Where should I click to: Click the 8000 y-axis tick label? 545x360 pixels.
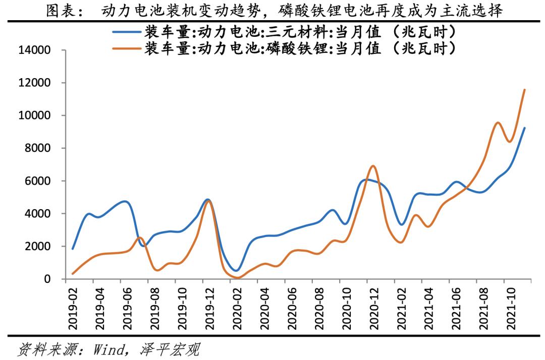pyautogui.click(x=40, y=148)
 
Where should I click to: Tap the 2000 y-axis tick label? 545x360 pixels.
pyautogui.click(x=40, y=247)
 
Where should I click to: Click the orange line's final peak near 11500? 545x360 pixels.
pyautogui.click(x=525, y=90)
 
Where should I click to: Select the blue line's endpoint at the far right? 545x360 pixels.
pyautogui.click(x=525, y=128)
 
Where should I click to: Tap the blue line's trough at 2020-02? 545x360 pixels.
pyautogui.click(x=236, y=271)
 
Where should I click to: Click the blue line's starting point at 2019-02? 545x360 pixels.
pyautogui.click(x=73, y=249)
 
